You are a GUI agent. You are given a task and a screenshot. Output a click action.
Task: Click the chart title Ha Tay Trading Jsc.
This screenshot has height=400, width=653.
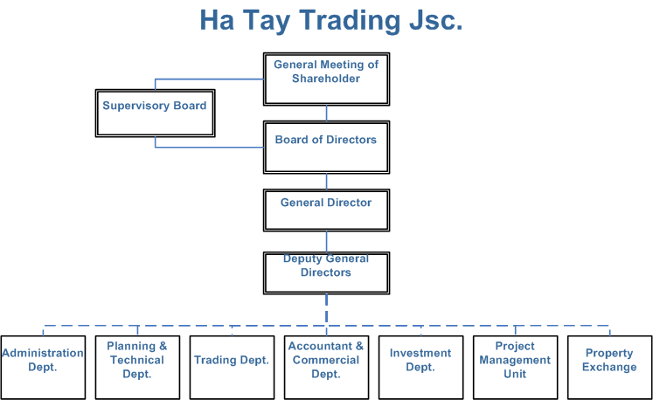331,20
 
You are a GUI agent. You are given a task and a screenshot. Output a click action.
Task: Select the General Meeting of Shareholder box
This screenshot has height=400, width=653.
327,79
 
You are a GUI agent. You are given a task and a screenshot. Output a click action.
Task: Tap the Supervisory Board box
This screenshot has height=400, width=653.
156,114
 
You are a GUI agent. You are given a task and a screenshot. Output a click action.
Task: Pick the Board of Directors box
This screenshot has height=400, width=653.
327,148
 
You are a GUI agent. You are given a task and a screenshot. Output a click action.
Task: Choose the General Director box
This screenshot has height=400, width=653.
327,210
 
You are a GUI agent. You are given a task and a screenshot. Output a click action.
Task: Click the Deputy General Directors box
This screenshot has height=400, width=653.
327,273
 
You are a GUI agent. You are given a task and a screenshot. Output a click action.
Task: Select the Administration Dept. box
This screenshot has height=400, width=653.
43,368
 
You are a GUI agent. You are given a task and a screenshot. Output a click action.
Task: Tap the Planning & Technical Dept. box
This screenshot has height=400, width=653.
137,368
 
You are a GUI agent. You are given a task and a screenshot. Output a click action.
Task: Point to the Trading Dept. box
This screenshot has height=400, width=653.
232,368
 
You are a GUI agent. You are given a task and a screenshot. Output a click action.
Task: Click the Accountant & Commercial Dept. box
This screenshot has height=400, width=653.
327,368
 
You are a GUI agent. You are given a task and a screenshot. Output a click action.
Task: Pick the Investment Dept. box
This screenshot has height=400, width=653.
421,368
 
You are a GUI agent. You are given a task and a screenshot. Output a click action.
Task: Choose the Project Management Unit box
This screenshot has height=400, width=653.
516,368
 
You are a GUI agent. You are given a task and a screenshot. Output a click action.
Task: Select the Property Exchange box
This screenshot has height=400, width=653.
609,368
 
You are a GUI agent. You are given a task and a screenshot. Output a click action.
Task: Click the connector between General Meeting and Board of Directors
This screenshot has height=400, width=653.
327,114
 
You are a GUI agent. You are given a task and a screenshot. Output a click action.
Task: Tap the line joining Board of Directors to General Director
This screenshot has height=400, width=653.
327,182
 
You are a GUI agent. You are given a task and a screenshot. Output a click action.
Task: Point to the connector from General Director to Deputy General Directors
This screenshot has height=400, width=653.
327,241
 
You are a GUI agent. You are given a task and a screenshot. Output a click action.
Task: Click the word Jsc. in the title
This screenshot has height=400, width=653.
436,20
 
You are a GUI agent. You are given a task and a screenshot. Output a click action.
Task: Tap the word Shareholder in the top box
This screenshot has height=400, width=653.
326,79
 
